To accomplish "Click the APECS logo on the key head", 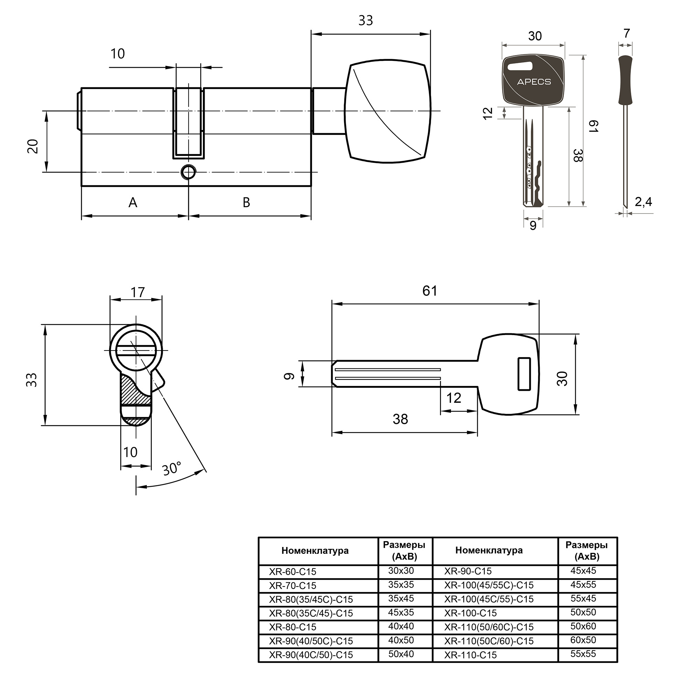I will pos(534,82).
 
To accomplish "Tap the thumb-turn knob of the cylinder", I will pos(388,113).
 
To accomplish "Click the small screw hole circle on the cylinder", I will pos(189,172).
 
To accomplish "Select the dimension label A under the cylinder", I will pos(133,203).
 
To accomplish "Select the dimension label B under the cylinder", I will pos(246,203).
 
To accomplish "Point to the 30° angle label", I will pos(172,469).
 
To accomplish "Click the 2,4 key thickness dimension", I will pos(644,202).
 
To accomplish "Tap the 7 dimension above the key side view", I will pos(627,33).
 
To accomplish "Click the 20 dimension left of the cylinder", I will pos(33,146).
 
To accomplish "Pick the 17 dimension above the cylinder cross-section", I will pos(138,292).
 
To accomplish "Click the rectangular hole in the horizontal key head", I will pos(524,374).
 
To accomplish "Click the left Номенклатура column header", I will pos(315,550).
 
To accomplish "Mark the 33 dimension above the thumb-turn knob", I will pos(365,21).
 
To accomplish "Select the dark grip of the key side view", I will pos(625,80).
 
